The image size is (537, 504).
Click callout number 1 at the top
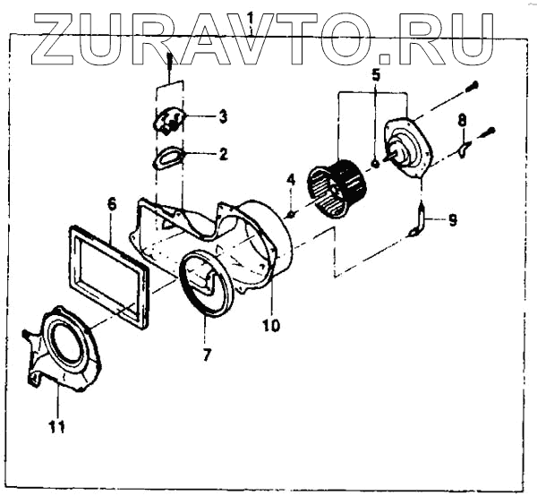pyautogui.click(x=251, y=17)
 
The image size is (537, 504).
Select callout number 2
pyautogui.click(x=222, y=154)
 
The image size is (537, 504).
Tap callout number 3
pyautogui.click(x=223, y=116)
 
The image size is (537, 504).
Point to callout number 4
pyautogui.click(x=291, y=182)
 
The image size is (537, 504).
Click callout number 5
pyautogui.click(x=376, y=75)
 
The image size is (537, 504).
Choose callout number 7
pyautogui.click(x=207, y=355)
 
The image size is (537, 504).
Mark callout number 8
pyautogui.click(x=462, y=119)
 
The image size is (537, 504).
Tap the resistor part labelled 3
pyautogui.click(x=168, y=120)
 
